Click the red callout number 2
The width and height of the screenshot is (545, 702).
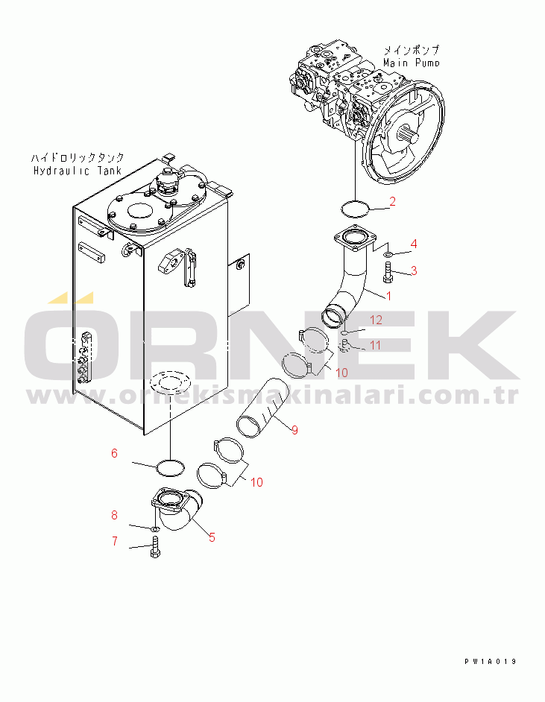392,201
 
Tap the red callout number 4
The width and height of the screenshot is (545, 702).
414,244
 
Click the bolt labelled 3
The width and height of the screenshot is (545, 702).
388,278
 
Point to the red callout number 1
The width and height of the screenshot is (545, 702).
388,297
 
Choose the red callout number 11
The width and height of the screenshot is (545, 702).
376,345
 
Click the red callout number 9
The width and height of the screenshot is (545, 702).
294,429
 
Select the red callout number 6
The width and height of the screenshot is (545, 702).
114,452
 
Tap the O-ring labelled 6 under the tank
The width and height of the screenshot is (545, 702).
170,468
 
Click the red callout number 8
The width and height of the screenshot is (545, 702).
114,515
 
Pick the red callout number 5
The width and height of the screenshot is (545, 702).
212,537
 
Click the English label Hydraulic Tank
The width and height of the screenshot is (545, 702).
77,171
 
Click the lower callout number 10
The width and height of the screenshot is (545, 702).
256,482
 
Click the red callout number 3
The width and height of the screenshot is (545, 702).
414,271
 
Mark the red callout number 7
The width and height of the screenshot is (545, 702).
114,541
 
